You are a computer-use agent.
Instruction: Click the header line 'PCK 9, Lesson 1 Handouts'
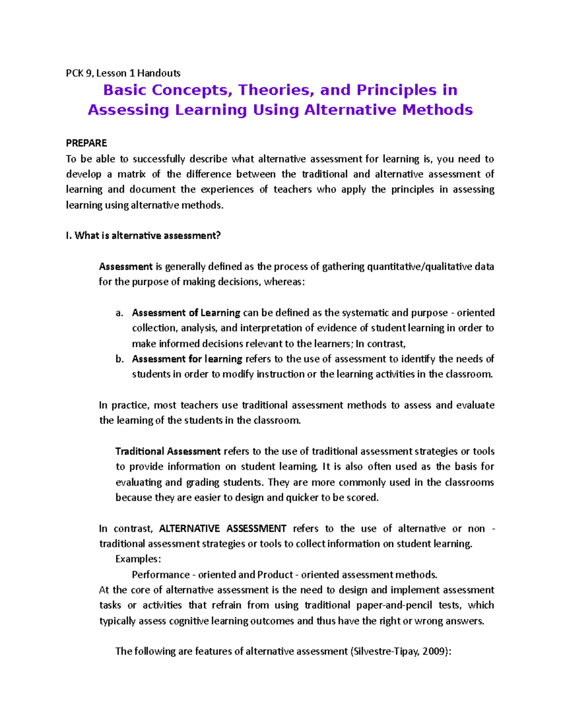coord(123,73)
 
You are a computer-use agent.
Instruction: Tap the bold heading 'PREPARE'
coord(86,143)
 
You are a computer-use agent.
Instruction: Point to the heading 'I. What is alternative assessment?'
coord(143,236)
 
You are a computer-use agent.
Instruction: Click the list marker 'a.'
coord(119,313)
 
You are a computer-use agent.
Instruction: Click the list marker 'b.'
coord(119,359)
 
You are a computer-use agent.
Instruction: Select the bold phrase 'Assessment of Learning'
coord(186,313)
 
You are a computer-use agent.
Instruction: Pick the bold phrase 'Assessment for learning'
coord(187,359)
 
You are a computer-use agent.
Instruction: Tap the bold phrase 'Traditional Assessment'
coord(168,452)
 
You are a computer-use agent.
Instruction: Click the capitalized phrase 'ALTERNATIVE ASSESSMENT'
coord(223,529)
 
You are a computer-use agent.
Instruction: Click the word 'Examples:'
coord(138,559)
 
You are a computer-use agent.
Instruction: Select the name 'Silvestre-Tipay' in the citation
coord(385,651)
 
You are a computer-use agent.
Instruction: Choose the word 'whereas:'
coord(285,282)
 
